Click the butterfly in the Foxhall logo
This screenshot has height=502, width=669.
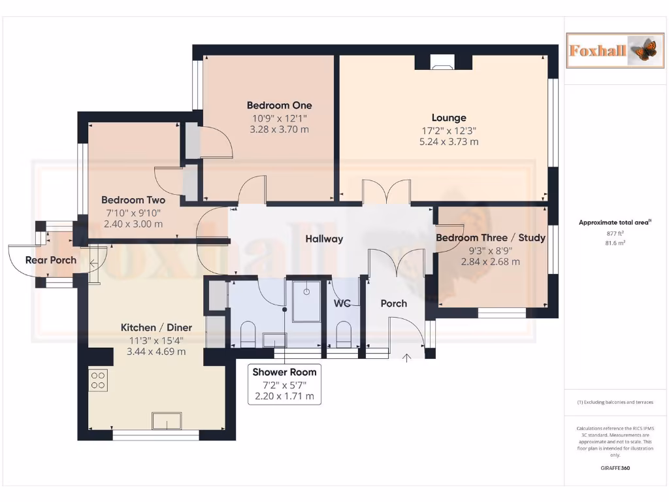point(644,50)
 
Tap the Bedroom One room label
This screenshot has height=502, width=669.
point(279,105)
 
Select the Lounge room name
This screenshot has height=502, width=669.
point(449,118)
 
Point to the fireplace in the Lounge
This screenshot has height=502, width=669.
point(443,62)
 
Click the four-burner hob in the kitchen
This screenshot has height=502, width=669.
point(99,381)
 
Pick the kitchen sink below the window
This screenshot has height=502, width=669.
point(167,421)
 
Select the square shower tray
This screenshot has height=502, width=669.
point(306,301)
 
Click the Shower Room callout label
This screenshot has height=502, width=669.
point(284,372)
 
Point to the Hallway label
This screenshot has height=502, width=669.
point(324,239)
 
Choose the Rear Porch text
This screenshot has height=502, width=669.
point(51,260)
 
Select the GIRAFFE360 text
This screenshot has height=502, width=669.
point(614,468)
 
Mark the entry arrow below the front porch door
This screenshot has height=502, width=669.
point(407,357)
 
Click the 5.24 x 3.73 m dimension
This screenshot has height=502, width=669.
point(449,141)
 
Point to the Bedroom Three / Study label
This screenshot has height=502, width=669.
point(491,238)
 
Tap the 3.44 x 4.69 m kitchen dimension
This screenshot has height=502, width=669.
point(156,351)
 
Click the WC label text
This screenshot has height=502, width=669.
point(343,304)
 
